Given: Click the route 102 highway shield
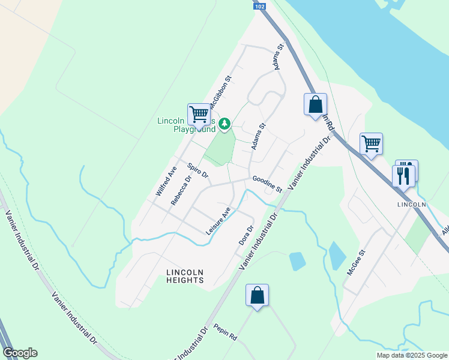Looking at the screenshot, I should [259, 6].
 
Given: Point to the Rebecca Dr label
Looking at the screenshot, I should [181, 190].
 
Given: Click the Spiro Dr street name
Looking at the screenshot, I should [197, 171].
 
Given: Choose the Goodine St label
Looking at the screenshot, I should [267, 184].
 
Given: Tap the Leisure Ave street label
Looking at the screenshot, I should [218, 221].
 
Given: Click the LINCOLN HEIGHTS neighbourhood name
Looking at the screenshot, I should [185, 276].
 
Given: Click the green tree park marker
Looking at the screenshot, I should [224, 124].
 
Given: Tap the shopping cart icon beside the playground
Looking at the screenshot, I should [199, 113].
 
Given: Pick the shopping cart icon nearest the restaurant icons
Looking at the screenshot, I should [371, 143].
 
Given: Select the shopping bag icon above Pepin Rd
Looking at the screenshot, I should [257, 295].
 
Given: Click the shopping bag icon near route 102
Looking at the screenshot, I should [315, 105].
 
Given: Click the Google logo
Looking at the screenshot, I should [20, 353].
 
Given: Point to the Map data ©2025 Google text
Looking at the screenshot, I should [412, 355].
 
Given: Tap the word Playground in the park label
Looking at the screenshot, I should [194, 129].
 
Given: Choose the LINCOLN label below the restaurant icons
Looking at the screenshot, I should [412, 204].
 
